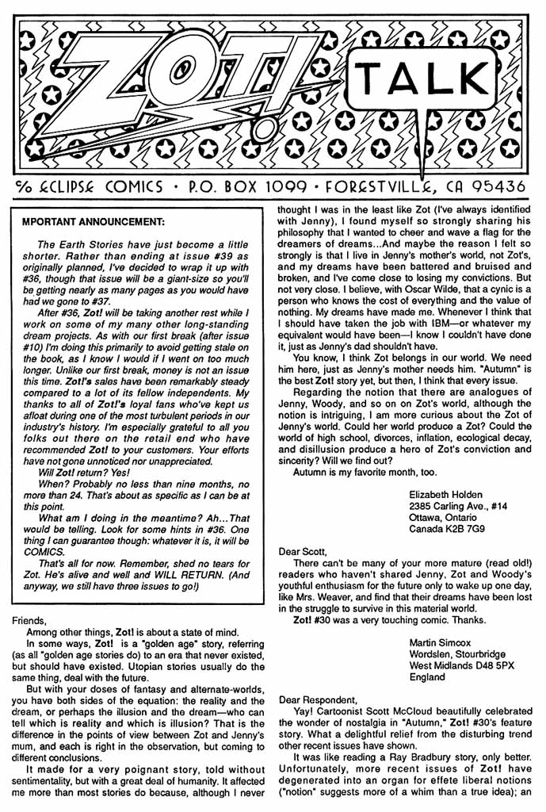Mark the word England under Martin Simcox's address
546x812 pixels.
(430, 678)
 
